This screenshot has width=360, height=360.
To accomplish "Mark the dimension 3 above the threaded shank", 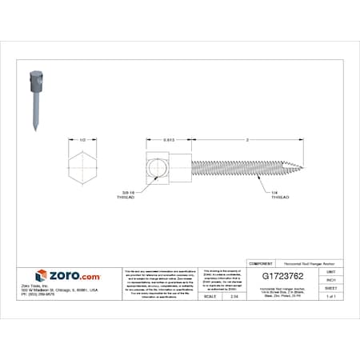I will (x=247, y=139).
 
